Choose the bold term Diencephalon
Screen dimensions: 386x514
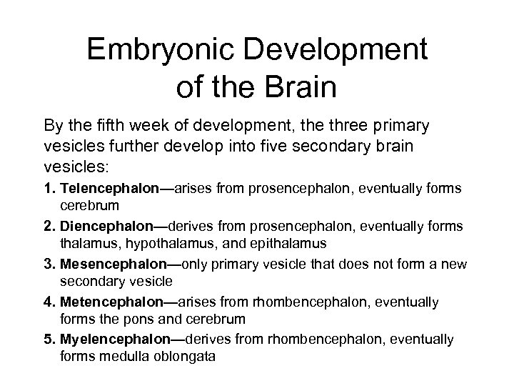coord(109,226)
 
